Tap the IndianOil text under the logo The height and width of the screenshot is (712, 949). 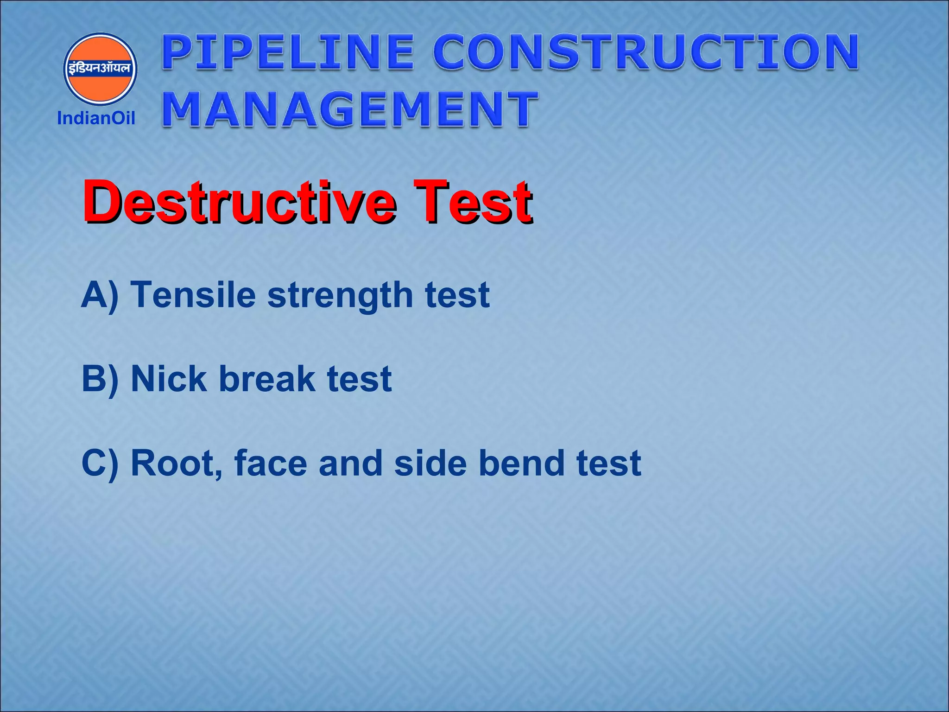tap(96, 118)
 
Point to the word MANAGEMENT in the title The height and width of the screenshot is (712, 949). tap(350, 109)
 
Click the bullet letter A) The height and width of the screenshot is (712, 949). tap(100, 295)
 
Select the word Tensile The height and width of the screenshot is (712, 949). tap(193, 295)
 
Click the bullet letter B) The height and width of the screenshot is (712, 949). tap(100, 379)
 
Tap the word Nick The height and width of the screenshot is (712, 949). tap(169, 379)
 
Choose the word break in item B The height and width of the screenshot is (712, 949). tap(267, 379)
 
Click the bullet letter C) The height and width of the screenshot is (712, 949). tap(100, 463)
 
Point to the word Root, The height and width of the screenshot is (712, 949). tap(177, 464)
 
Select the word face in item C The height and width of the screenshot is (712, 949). tap(271, 463)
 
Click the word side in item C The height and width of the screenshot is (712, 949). tap(430, 463)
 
